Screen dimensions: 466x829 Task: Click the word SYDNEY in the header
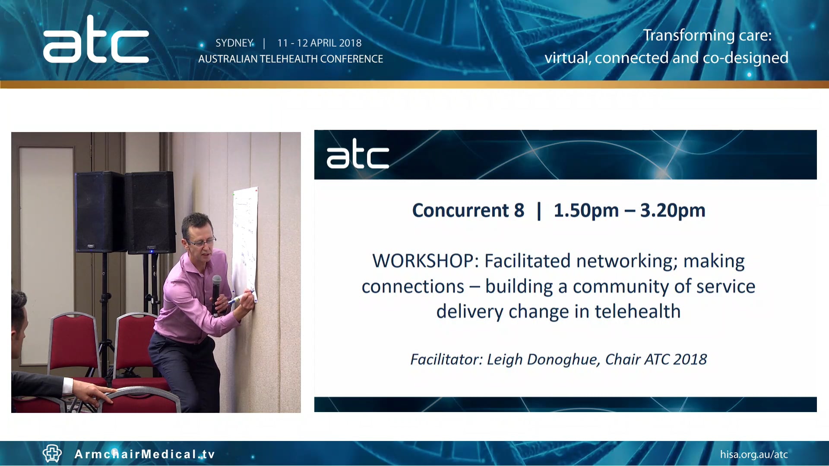point(234,43)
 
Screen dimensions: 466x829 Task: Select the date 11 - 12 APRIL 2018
point(319,43)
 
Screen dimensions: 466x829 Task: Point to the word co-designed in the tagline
point(745,58)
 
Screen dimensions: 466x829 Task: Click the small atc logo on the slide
point(358,154)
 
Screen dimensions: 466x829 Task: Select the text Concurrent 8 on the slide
point(468,211)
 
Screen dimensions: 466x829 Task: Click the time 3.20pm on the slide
point(672,211)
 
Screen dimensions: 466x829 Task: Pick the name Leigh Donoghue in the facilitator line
point(543,359)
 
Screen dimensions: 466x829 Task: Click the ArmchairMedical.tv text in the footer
point(145,454)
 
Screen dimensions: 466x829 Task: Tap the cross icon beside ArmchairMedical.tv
point(52,453)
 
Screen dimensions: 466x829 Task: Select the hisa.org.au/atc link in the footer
point(753,454)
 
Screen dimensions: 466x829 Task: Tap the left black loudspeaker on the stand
point(99,211)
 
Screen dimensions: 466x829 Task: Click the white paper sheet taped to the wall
point(245,242)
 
